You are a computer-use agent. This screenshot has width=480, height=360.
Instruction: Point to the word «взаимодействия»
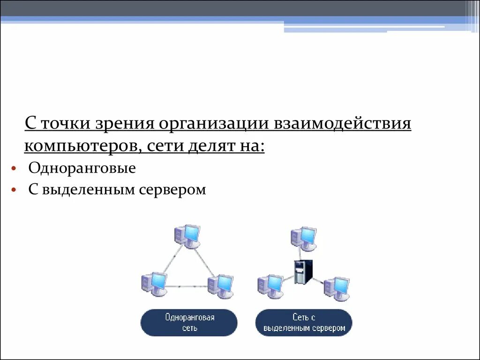(344, 124)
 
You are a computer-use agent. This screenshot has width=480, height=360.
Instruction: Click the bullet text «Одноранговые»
(82, 168)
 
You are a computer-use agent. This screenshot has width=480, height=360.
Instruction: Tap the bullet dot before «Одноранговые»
(15, 168)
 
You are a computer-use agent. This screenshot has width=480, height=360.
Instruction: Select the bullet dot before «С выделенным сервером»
(15, 190)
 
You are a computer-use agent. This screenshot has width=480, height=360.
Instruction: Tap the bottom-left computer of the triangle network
(154, 283)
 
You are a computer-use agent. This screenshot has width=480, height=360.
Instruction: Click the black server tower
(300, 271)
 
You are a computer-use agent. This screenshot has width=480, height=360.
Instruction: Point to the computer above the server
(304, 238)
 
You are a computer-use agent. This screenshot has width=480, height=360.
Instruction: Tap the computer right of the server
(337, 288)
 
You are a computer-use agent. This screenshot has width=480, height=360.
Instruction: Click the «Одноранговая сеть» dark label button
(189, 322)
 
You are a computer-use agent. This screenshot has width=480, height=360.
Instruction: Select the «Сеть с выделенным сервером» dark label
(304, 322)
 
